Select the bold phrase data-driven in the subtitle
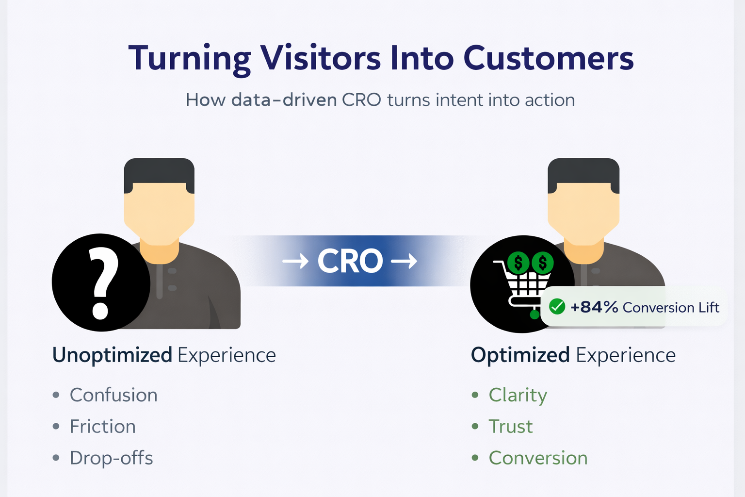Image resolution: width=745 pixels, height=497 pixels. [284, 100]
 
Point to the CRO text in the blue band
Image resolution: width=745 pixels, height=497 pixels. [350, 261]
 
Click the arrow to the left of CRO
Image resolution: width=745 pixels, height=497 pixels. [295, 262]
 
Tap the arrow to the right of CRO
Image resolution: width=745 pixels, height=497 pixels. [404, 262]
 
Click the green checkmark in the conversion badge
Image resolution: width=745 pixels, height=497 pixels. [557, 307]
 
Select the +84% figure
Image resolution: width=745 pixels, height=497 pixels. [594, 307]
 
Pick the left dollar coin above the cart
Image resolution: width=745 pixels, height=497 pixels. [518, 263]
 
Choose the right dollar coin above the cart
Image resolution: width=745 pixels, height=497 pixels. [542, 263]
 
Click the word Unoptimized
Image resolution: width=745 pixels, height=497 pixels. [112, 355]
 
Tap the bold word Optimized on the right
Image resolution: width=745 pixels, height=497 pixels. [520, 355]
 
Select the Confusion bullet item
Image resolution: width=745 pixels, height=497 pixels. [113, 395]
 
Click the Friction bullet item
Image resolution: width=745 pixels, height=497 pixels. [103, 427]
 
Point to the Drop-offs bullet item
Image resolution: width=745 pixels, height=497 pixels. [112, 458]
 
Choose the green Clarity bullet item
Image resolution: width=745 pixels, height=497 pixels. [518, 395]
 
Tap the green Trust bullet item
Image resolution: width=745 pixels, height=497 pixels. [511, 427]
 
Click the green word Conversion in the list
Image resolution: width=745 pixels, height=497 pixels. [538, 458]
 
